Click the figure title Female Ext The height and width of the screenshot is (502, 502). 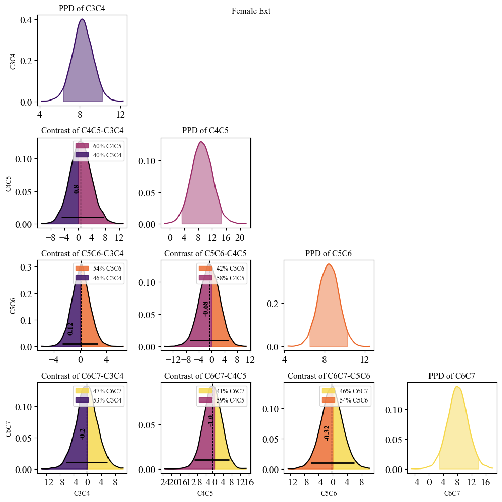click(x=251, y=11)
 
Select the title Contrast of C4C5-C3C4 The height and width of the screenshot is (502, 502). click(x=82, y=131)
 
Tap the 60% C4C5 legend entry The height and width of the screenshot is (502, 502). click(x=99, y=146)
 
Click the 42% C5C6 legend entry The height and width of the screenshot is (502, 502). click(x=223, y=267)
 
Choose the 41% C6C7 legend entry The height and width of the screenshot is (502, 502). click(x=223, y=391)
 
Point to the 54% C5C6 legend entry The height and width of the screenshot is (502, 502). click(x=346, y=401)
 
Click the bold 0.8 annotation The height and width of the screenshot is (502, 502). click(x=76, y=189)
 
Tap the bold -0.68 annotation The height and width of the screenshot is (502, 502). click(x=205, y=309)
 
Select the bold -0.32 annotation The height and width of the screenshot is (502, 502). click(x=327, y=432)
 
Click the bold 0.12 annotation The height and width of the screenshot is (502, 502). click(x=70, y=328)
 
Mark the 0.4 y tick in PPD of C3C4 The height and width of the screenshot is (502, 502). click(x=28, y=20)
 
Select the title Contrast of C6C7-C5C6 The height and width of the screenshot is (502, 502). click(x=329, y=376)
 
